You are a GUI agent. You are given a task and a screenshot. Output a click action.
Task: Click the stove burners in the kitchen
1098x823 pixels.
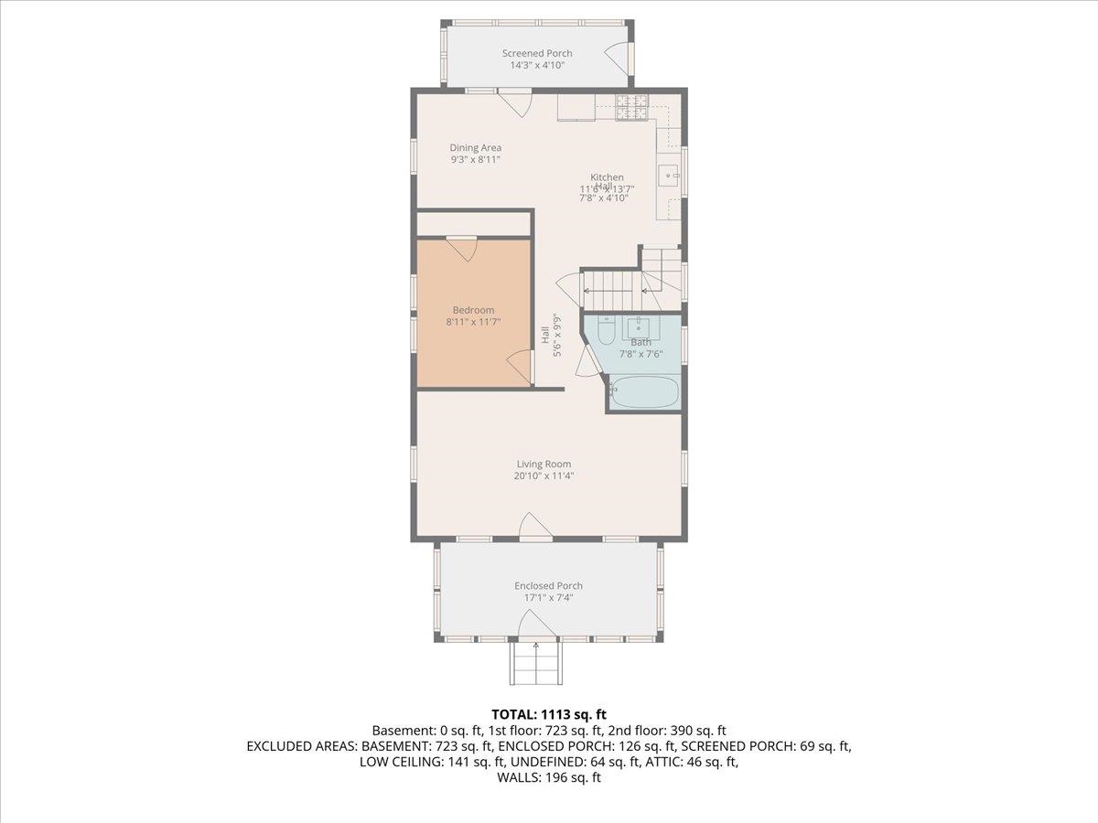[631, 108]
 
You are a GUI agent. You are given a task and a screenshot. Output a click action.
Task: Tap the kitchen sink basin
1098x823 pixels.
[670, 175]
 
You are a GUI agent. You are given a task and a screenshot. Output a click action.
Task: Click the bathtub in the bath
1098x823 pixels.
[644, 392]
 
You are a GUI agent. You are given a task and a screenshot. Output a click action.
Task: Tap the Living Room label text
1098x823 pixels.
[544, 464]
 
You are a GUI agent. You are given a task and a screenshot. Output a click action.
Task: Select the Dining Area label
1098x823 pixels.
[475, 148]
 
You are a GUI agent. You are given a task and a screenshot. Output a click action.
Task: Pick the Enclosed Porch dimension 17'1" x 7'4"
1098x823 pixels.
[548, 597]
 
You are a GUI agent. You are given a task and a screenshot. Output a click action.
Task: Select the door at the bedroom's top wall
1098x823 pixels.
[462, 249]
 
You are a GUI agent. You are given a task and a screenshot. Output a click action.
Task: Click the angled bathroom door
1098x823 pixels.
[589, 361]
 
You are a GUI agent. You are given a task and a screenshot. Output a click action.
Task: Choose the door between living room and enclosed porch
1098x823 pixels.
[534, 527]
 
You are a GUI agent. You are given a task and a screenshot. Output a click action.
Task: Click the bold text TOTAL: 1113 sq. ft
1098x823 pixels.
[549, 714]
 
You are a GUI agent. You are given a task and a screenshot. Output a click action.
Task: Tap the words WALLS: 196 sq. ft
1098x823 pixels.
[549, 778]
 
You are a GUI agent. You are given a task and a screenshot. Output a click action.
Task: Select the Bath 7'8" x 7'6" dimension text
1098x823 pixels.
[640, 354]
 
